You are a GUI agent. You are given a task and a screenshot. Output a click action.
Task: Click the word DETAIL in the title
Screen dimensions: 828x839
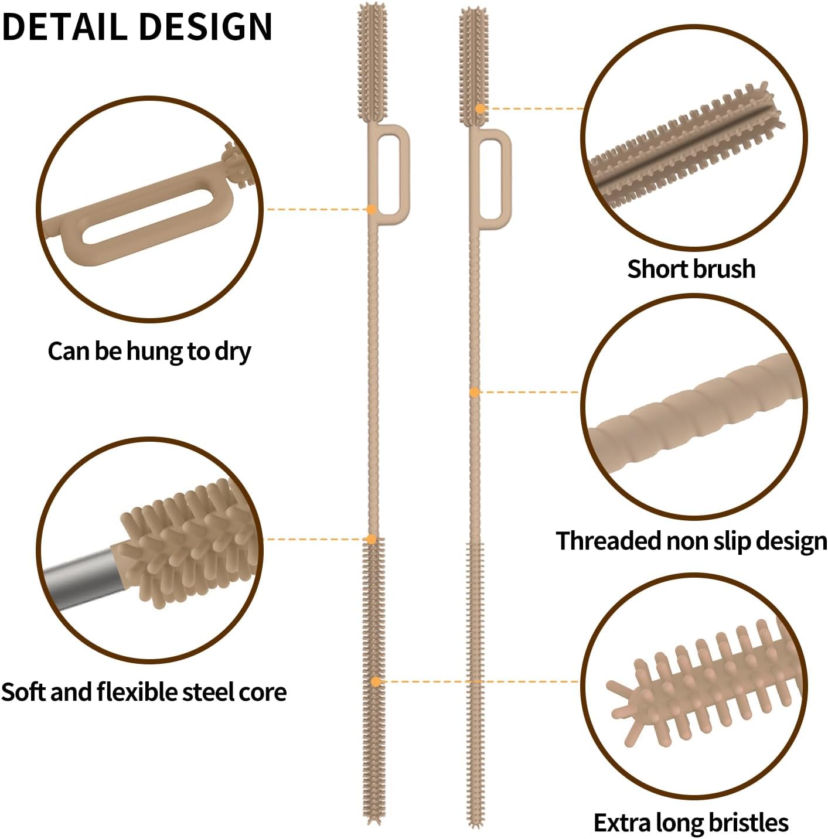coord(64,27)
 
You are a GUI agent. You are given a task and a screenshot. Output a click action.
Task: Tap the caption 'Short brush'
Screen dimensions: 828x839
coord(691,269)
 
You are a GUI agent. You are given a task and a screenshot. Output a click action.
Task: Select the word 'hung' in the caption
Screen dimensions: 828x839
coord(154,352)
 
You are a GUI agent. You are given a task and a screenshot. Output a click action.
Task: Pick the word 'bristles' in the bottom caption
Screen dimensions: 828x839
coord(748,823)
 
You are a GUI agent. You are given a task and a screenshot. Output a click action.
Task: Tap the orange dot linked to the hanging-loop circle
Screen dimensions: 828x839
coord(371,209)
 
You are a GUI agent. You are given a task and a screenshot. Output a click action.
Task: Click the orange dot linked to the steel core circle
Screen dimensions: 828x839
coord(371,540)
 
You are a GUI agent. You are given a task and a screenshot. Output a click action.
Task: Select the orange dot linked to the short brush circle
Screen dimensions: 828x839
coord(480,108)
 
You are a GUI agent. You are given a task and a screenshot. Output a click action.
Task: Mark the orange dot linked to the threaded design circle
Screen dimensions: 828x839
coord(474,393)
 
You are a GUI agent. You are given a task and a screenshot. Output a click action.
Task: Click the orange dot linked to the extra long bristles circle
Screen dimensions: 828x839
coord(376,682)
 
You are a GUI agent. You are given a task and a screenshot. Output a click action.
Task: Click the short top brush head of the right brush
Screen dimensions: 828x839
coord(474,67)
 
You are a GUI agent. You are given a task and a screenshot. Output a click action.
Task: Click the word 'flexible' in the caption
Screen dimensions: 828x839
coord(137,692)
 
